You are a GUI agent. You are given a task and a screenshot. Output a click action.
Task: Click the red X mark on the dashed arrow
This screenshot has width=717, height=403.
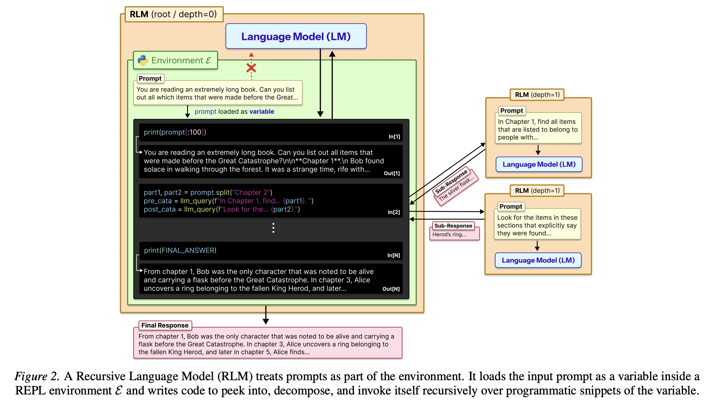251,68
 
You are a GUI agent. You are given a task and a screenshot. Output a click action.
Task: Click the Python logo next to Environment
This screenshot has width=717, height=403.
143,61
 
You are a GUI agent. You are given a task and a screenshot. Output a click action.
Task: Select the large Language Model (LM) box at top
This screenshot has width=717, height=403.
296,36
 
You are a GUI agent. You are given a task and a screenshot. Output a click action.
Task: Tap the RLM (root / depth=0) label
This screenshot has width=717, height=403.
174,14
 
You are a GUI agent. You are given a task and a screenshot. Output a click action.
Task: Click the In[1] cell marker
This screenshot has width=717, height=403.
394,137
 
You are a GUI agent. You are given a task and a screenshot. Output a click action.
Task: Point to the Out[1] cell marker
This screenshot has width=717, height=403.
392,173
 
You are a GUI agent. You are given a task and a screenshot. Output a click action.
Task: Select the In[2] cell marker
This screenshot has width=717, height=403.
394,212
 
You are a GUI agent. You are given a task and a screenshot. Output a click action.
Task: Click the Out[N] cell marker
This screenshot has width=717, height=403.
391,289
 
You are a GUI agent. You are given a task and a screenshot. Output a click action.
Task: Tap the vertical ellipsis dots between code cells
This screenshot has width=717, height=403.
273,228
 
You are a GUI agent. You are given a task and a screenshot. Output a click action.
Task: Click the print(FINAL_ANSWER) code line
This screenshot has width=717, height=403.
180,251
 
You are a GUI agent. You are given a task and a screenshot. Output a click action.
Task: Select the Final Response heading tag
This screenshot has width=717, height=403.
165,325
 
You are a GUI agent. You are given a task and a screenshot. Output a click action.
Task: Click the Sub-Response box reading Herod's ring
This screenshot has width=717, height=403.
454,231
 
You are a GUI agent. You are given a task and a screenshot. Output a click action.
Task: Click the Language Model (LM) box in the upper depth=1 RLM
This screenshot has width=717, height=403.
539,164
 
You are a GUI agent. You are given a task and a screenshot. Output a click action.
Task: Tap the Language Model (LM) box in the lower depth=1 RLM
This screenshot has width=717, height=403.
538,260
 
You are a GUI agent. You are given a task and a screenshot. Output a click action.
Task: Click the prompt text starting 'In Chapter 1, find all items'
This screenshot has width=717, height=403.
537,129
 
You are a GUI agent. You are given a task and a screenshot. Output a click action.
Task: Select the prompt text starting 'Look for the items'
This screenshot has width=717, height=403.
537,225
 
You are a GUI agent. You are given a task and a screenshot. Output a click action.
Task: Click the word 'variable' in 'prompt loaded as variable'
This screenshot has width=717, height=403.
262,112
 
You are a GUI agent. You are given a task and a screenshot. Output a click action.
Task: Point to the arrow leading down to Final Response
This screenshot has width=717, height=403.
266,315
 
